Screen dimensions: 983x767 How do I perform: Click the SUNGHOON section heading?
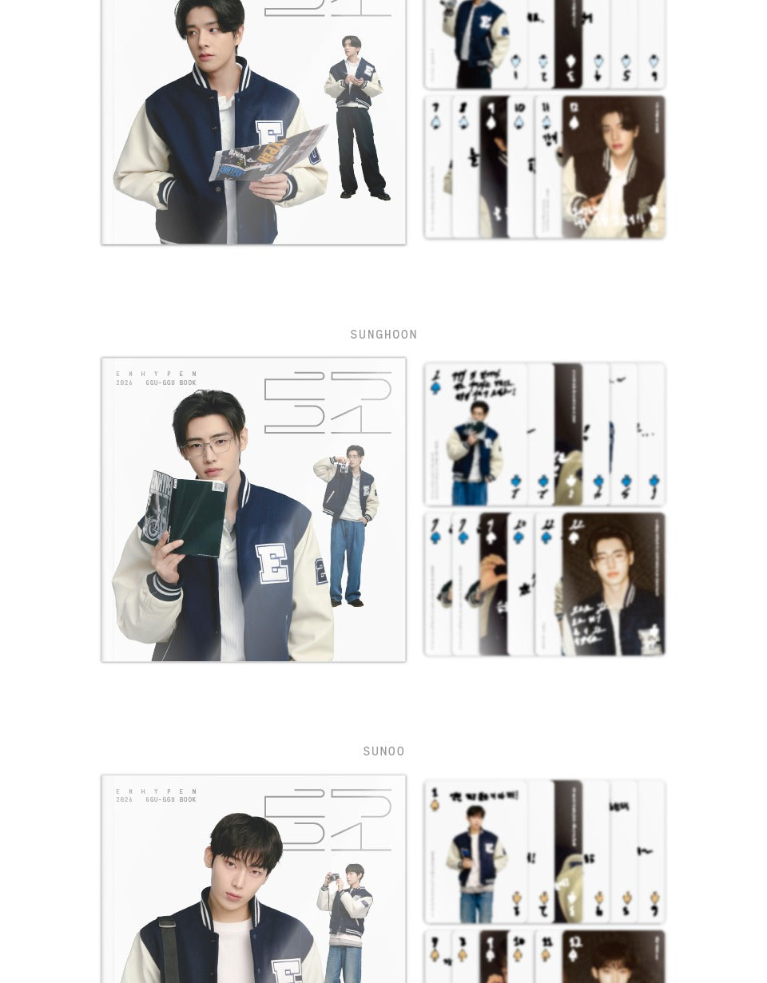(x=383, y=335)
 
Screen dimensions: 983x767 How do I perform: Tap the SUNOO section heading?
(x=383, y=751)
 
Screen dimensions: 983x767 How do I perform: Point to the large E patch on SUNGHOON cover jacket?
(x=272, y=563)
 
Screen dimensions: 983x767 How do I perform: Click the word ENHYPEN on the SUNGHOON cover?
(x=157, y=374)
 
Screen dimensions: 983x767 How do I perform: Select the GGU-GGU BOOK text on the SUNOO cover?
(x=171, y=799)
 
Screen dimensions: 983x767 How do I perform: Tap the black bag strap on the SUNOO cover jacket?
(x=166, y=950)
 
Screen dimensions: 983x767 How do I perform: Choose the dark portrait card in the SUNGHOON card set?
(x=613, y=584)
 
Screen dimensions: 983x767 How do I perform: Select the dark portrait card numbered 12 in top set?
(x=613, y=167)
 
